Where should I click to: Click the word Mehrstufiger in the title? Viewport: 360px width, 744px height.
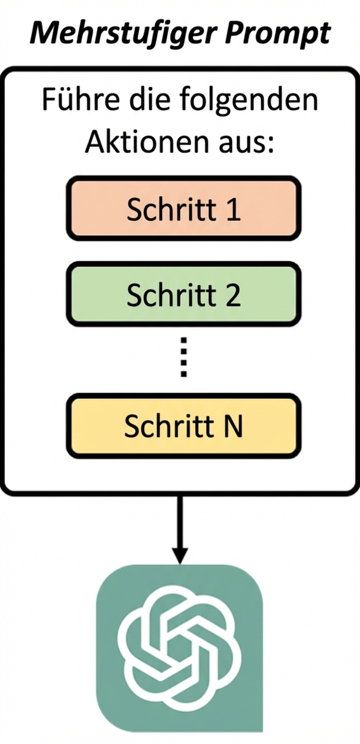click(x=114, y=33)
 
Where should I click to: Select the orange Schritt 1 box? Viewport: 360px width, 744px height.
click(x=183, y=208)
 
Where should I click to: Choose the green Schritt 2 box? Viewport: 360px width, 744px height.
click(x=183, y=295)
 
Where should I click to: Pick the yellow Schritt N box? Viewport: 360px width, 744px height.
click(x=183, y=426)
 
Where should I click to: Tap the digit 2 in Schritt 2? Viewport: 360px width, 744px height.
click(x=232, y=295)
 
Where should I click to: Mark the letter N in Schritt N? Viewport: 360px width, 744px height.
click(x=233, y=426)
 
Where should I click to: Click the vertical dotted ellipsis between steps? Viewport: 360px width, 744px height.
click(x=183, y=357)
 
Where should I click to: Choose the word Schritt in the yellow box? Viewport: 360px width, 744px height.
click(x=170, y=426)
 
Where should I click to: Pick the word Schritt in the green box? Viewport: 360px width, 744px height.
click(x=171, y=295)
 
